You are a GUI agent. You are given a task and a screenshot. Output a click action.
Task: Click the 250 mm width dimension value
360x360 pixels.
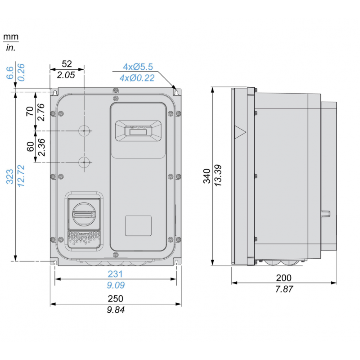coord(116,299)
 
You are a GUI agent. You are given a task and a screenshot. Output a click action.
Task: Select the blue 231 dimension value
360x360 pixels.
coord(116,274)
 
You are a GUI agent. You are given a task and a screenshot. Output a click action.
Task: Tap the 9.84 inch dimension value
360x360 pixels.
coord(116,310)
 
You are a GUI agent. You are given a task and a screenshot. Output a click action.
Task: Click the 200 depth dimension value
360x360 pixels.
coord(284,278)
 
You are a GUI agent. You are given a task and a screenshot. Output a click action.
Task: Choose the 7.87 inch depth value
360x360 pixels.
coord(284,289)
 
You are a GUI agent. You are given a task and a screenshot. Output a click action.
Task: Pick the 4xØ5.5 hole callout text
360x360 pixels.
coord(138,67)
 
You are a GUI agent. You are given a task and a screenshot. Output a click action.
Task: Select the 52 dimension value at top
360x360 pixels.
coord(67,64)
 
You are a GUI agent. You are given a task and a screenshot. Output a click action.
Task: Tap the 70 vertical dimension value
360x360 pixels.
coord(30,112)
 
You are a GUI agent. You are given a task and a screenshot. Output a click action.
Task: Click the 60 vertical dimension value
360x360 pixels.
coord(30,147)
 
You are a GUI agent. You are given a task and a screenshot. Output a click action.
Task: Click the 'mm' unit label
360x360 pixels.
coord(10,36)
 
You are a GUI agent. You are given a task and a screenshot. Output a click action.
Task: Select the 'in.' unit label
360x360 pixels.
coord(10,48)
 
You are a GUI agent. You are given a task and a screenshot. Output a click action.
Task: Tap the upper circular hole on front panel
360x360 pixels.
coord(84,131)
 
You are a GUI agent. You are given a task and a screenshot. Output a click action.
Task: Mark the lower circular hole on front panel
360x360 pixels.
coord(84,162)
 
